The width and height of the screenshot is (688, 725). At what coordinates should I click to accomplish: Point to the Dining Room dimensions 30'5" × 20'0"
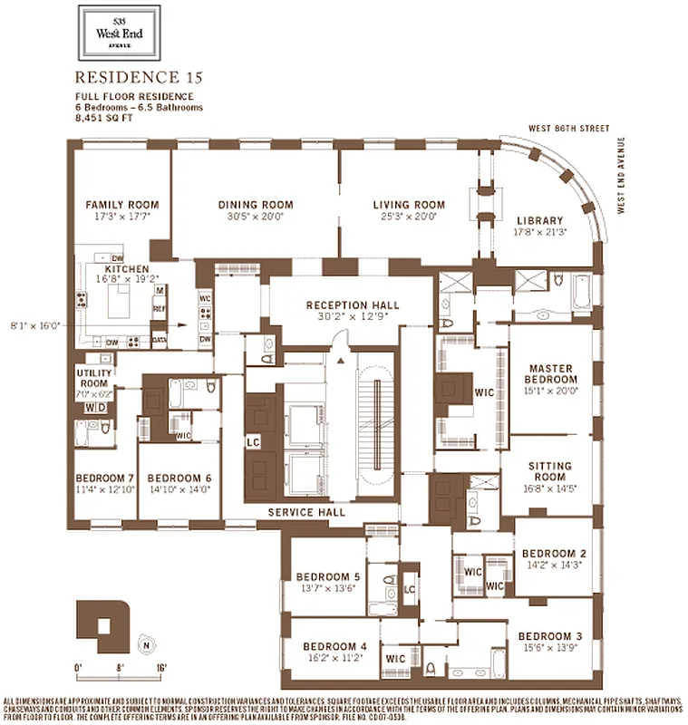point(255,217)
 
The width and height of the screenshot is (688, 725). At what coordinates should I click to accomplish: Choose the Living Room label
point(409,205)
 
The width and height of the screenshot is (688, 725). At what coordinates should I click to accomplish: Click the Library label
point(539,220)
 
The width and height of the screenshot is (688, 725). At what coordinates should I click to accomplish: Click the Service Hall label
point(304,513)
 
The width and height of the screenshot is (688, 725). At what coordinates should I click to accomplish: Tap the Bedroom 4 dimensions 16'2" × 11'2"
point(334,659)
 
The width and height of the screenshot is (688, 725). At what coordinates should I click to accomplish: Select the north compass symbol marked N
point(145,645)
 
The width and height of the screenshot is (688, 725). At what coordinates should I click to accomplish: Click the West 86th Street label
point(570,129)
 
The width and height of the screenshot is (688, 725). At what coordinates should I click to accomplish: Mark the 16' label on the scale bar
point(160,667)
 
